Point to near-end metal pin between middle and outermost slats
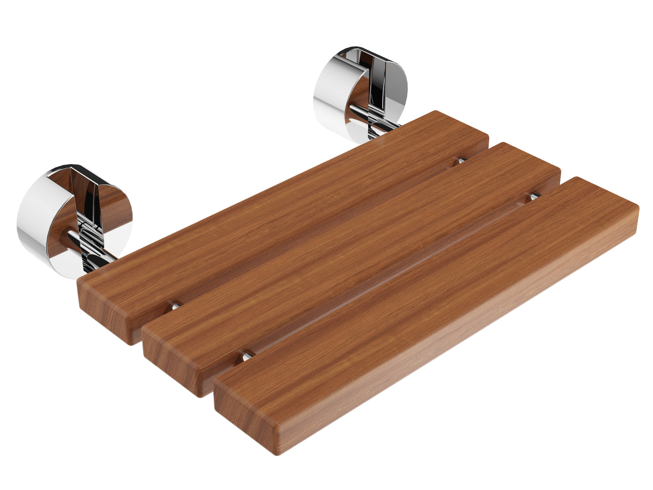tap(246, 356)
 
